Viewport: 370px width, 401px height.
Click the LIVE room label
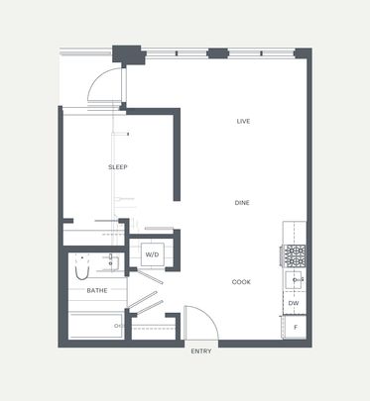pyautogui.click(x=242, y=121)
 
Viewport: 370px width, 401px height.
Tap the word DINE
pyautogui.click(x=242, y=202)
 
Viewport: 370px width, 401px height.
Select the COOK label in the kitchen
pyautogui.click(x=241, y=282)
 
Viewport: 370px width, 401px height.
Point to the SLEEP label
pyautogui.click(x=118, y=167)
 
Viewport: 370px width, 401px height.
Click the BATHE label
pyautogui.click(x=96, y=291)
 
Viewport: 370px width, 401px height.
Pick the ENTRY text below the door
pyautogui.click(x=200, y=351)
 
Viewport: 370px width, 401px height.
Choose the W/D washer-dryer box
pyautogui.click(x=153, y=254)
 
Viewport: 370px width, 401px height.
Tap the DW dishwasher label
pyautogui.click(x=294, y=304)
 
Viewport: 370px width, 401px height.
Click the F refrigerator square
pyautogui.click(x=295, y=327)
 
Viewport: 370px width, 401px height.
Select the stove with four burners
pyautogui.click(x=295, y=256)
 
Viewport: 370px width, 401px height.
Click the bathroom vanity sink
pyautogui.click(x=113, y=262)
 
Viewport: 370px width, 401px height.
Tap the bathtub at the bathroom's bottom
pyautogui.click(x=95, y=325)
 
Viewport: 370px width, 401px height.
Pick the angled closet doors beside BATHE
pyautogui.click(x=147, y=297)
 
